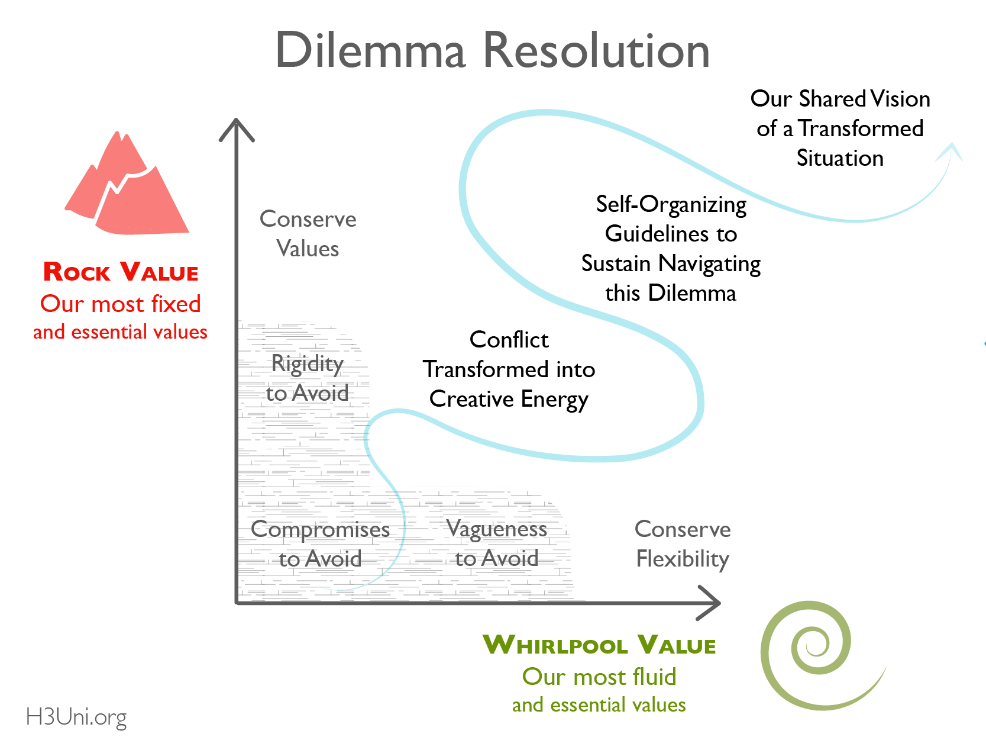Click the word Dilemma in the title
[371, 50]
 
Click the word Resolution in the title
[596, 50]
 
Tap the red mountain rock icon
[127, 186]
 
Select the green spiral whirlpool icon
[813, 654]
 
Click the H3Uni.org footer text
[76, 717]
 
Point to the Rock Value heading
[121, 272]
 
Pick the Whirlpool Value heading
[599, 645]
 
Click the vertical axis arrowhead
[237, 127]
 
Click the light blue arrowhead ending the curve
[950, 151]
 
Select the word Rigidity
[307, 363]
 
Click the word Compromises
[320, 529]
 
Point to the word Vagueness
[496, 529]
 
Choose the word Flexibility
[683, 559]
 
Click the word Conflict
[509, 340]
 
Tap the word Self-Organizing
[671, 204]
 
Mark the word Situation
[840, 158]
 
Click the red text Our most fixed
[121, 304]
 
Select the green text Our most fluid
[599, 677]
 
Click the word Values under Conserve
[308, 249]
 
